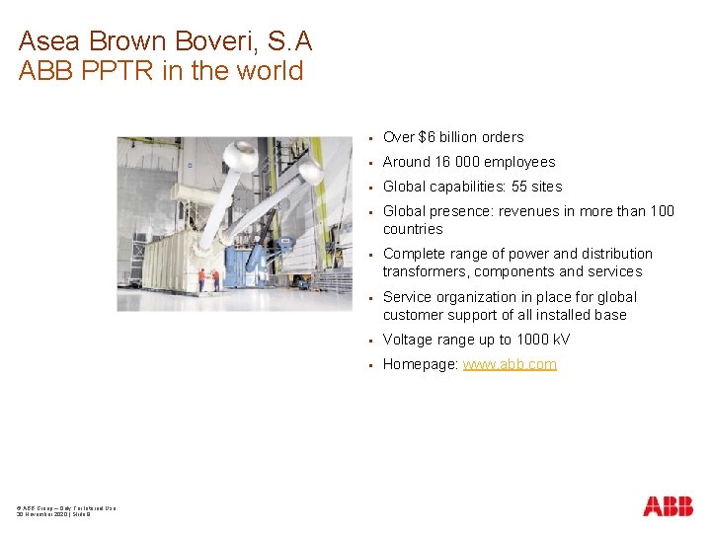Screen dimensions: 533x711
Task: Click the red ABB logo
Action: (668, 506)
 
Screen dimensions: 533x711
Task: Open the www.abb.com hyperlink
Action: (510, 364)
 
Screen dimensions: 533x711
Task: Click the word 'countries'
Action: (413, 229)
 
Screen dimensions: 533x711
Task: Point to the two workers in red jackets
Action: (207, 279)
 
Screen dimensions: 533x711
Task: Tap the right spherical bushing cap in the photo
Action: (311, 173)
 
